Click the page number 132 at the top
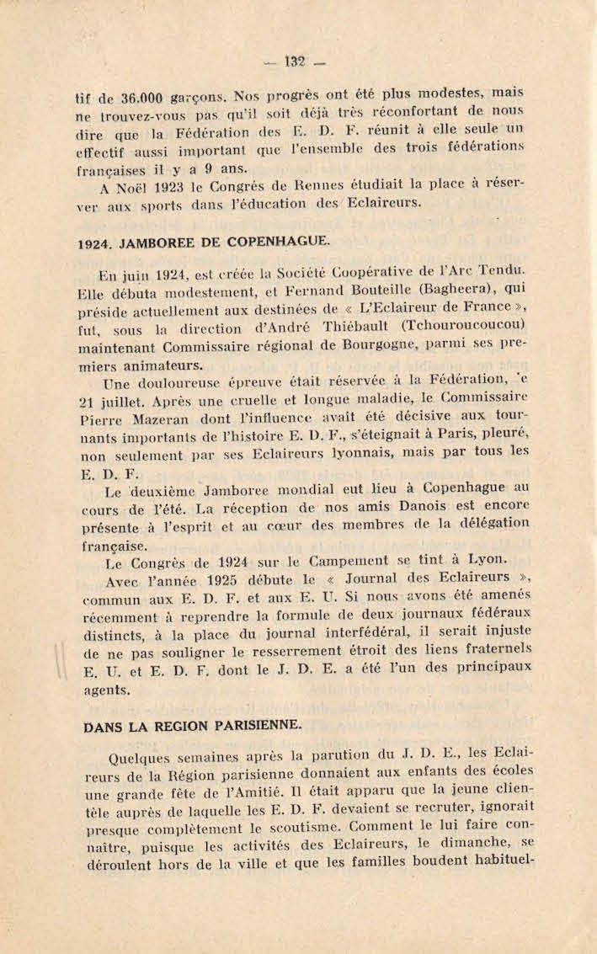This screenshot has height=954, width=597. (294, 61)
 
